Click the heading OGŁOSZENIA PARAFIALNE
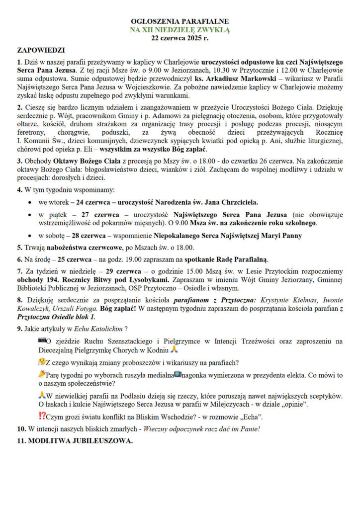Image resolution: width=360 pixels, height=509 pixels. pos(180,22)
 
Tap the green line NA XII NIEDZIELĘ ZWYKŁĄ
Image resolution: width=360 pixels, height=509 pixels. pos(180,30)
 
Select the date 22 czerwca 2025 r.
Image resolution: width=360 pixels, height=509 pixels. pos(180,38)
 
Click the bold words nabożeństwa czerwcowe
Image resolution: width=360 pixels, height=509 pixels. pos(75,248)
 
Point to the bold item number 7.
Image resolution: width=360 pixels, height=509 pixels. pos(19,272)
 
